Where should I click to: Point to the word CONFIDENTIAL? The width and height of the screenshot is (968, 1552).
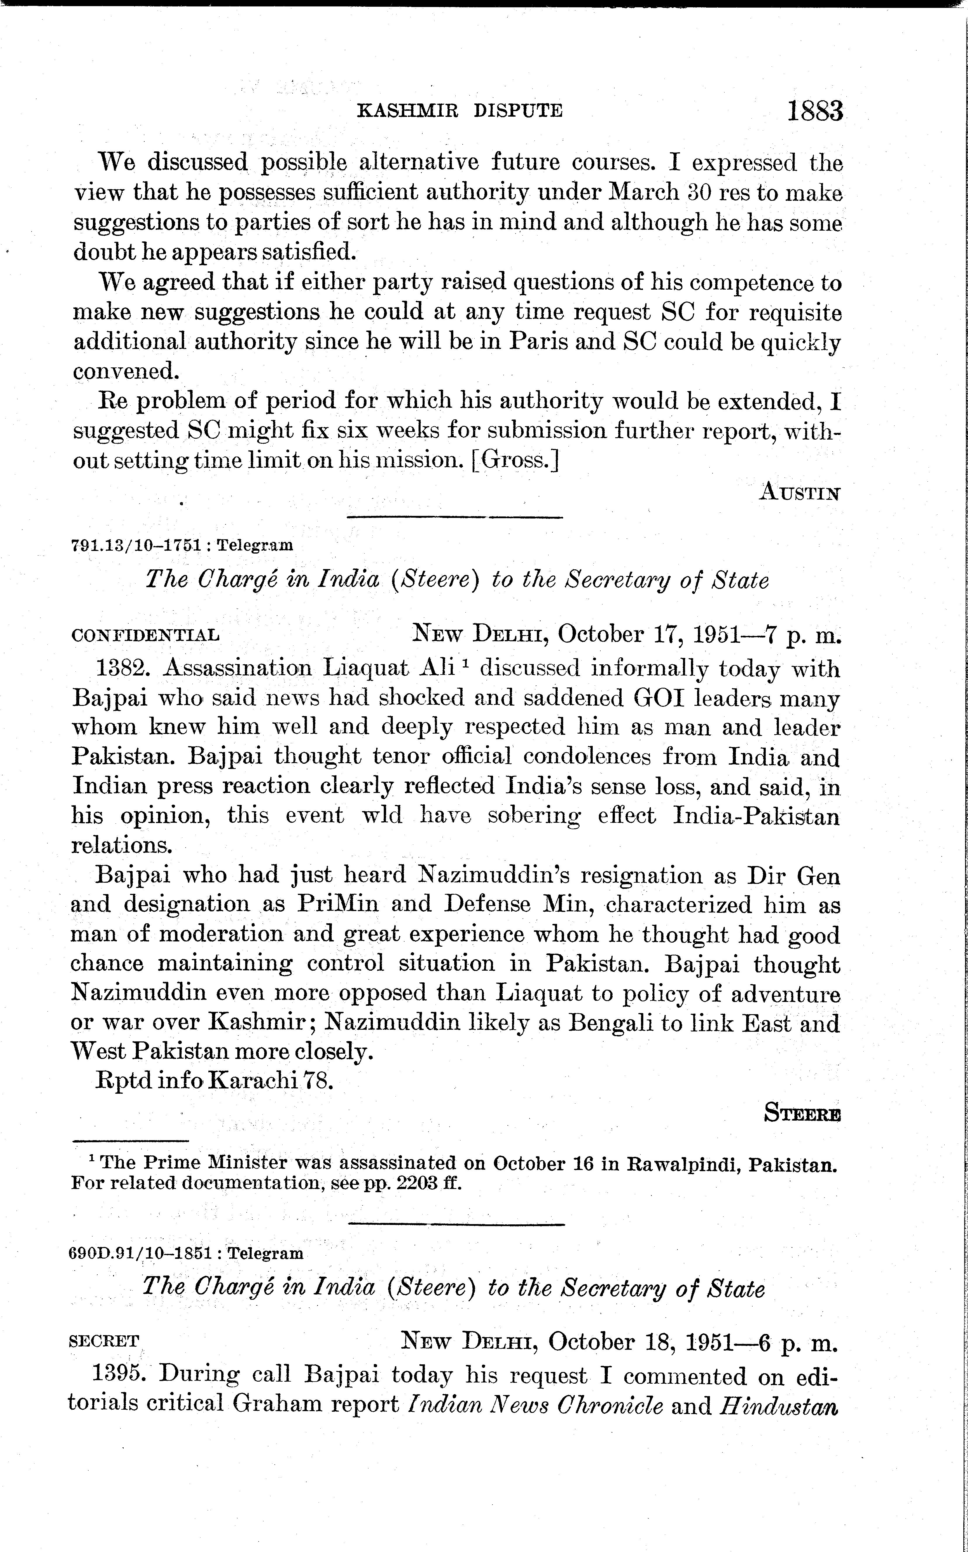tap(145, 636)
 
